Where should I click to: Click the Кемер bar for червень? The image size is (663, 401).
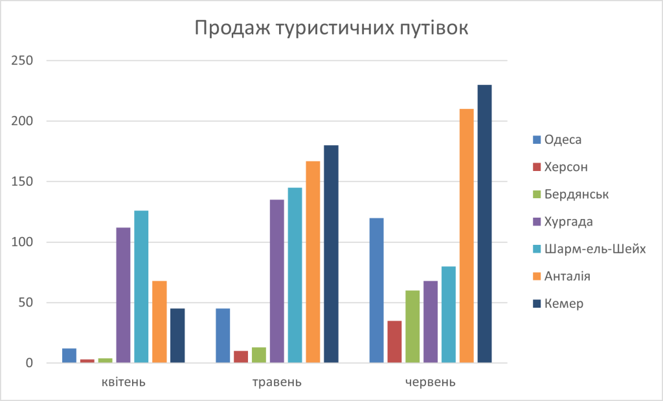click(484, 223)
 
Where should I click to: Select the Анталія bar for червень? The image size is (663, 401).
click(466, 236)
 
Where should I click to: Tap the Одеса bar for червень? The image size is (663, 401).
click(376, 290)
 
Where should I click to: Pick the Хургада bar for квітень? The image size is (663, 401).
click(123, 295)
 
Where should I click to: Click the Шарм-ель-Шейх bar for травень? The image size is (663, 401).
click(295, 275)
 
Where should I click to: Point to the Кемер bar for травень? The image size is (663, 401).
click(331, 254)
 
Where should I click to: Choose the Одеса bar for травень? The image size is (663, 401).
click(223, 336)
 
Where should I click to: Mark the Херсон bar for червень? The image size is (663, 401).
click(394, 341)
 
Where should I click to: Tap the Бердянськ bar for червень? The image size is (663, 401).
click(412, 327)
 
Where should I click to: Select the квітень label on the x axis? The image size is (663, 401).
click(123, 382)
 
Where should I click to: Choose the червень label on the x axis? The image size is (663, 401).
click(430, 382)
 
